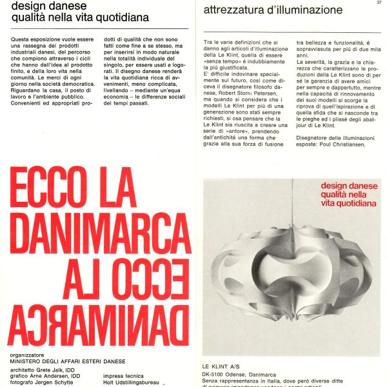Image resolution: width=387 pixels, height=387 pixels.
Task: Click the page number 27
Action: pyautogui.click(x=378, y=3)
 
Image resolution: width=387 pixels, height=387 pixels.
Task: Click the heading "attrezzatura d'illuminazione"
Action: pyautogui.click(x=273, y=10)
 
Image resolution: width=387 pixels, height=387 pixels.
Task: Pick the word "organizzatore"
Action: pyautogui.click(x=29, y=354)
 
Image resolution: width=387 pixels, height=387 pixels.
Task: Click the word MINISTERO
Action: pyautogui.click(x=32, y=361)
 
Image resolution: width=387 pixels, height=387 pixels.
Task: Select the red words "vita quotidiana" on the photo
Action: pyautogui.click(x=346, y=204)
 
